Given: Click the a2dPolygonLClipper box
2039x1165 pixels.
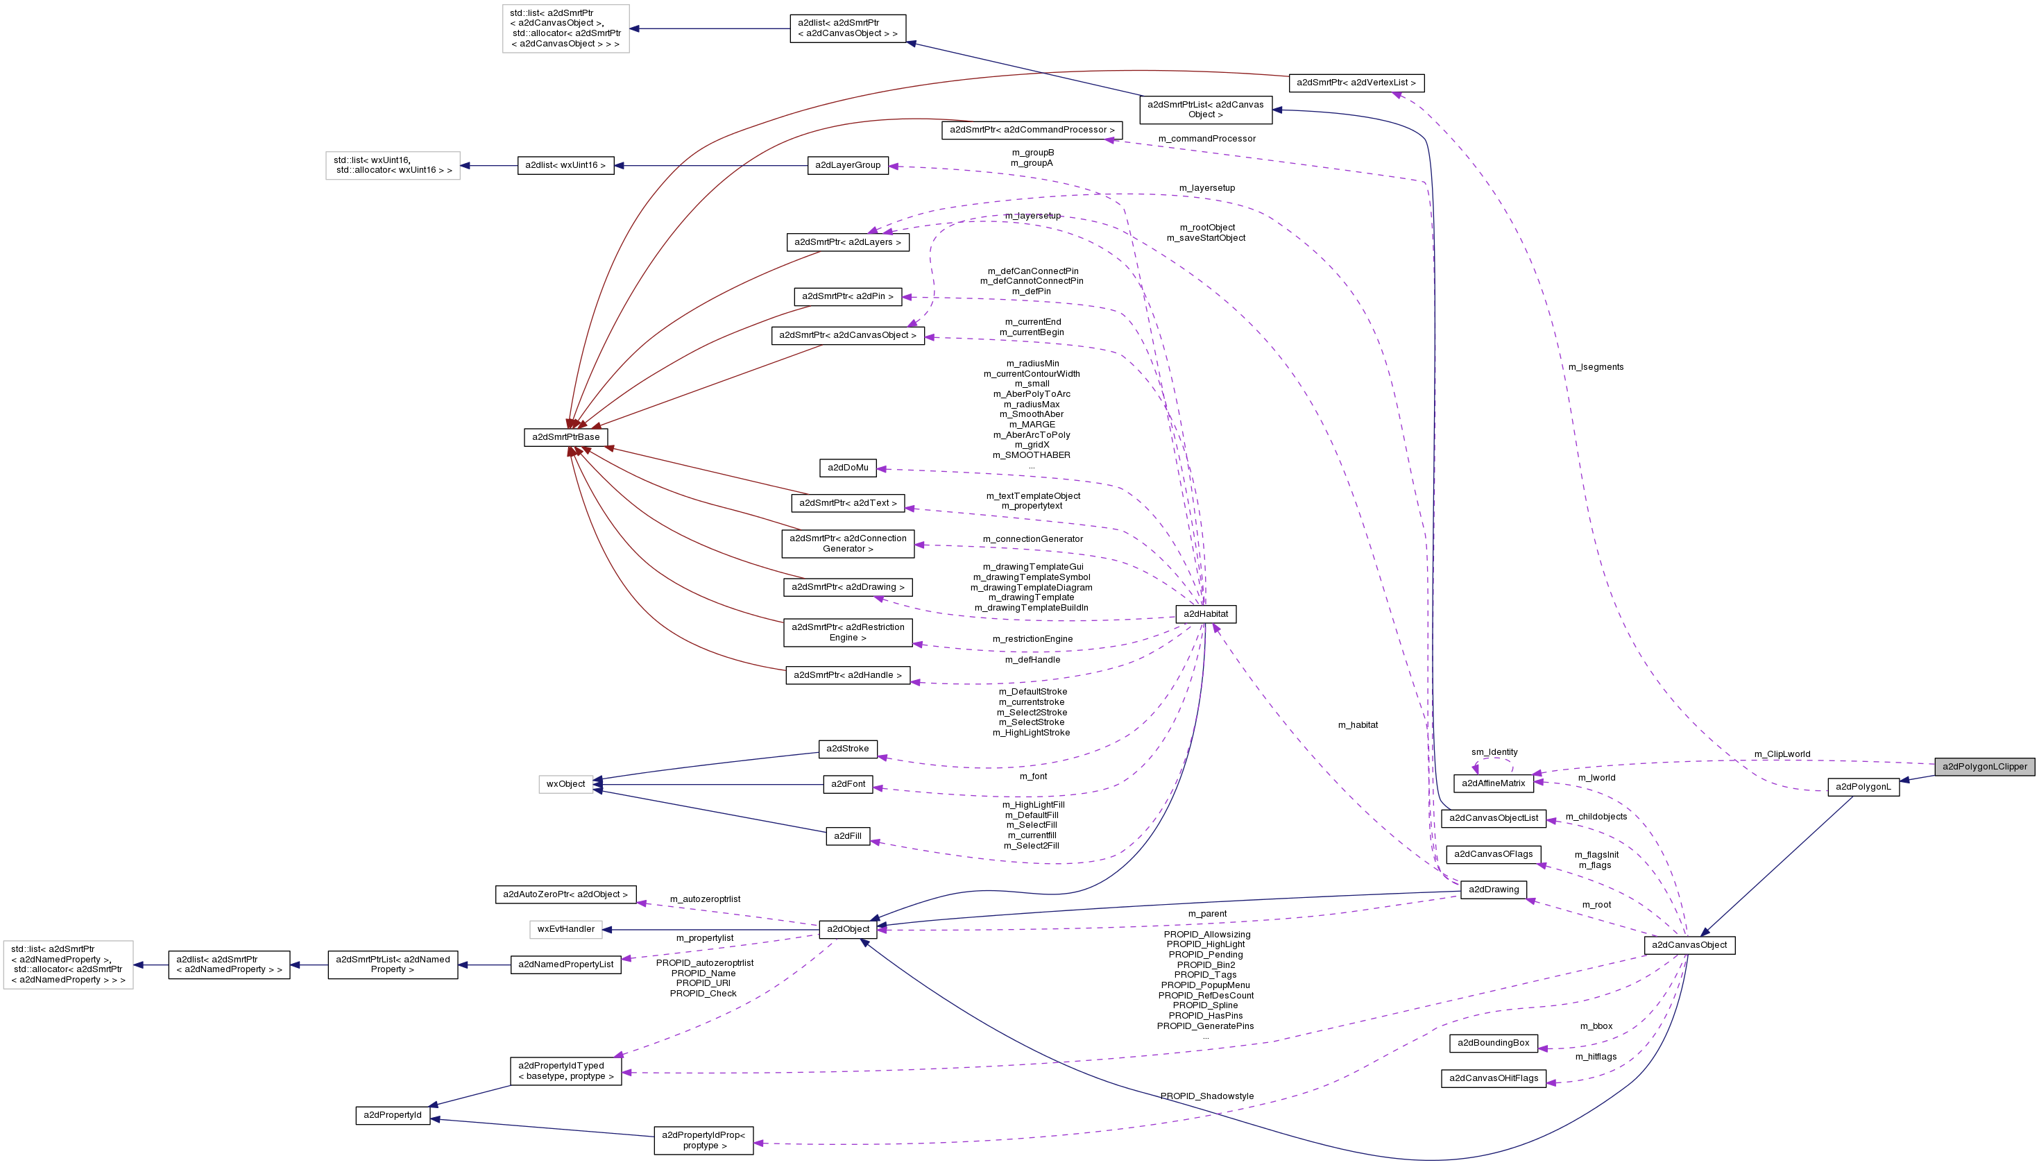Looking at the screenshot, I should pyautogui.click(x=1985, y=767).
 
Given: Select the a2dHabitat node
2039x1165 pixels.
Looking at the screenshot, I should pyautogui.click(x=1206, y=613).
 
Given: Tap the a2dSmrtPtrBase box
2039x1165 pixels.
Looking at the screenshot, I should pyautogui.click(x=565, y=437).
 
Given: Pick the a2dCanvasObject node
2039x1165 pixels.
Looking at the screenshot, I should pyautogui.click(x=1689, y=945).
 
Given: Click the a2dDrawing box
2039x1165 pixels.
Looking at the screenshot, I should pyautogui.click(x=1493, y=890).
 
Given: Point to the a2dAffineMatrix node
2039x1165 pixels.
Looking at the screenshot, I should pyautogui.click(x=1493, y=783).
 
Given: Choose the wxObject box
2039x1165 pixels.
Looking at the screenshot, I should pyautogui.click(x=565, y=784).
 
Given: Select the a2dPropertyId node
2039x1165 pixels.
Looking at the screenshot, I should pyautogui.click(x=392, y=1114).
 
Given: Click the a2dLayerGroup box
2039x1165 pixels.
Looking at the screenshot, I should pyautogui.click(x=847, y=166).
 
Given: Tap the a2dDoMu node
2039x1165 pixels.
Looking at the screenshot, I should pyautogui.click(x=847, y=467).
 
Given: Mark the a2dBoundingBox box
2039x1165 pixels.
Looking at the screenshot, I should pyautogui.click(x=1493, y=1043).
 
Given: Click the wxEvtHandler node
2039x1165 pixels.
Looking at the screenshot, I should pyautogui.click(x=565, y=929).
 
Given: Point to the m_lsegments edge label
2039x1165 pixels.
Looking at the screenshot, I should pyautogui.click(x=1595, y=367).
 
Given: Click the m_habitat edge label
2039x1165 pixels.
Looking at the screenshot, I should pyautogui.click(x=1358, y=725).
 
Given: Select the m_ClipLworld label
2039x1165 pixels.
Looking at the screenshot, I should pyautogui.click(x=1782, y=754).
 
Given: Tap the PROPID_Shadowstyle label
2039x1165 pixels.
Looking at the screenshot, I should pyautogui.click(x=1206, y=1096).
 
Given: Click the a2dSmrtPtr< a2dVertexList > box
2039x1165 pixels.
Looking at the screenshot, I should pyautogui.click(x=1355, y=83).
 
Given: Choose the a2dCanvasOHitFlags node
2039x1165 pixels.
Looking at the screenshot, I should pyautogui.click(x=1493, y=1078).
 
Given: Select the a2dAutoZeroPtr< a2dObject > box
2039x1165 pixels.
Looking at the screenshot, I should pyautogui.click(x=565, y=894).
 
